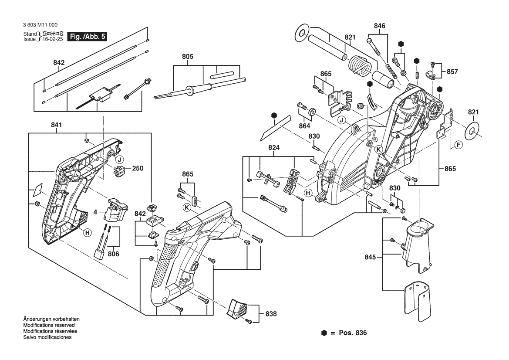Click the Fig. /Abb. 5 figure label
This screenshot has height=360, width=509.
pyautogui.click(x=87, y=37)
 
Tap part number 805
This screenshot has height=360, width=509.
pyautogui.click(x=188, y=57)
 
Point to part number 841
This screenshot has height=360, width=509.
pyautogui.click(x=57, y=125)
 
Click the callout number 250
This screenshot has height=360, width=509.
pyautogui.click(x=138, y=168)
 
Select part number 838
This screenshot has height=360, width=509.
pyautogui.click(x=271, y=313)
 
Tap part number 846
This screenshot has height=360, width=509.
pyautogui.click(x=380, y=26)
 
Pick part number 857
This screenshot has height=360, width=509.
pyautogui.click(x=452, y=71)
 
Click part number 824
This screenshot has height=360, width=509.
pyautogui.click(x=274, y=148)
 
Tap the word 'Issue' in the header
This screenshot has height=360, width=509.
pyautogui.click(x=30, y=39)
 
